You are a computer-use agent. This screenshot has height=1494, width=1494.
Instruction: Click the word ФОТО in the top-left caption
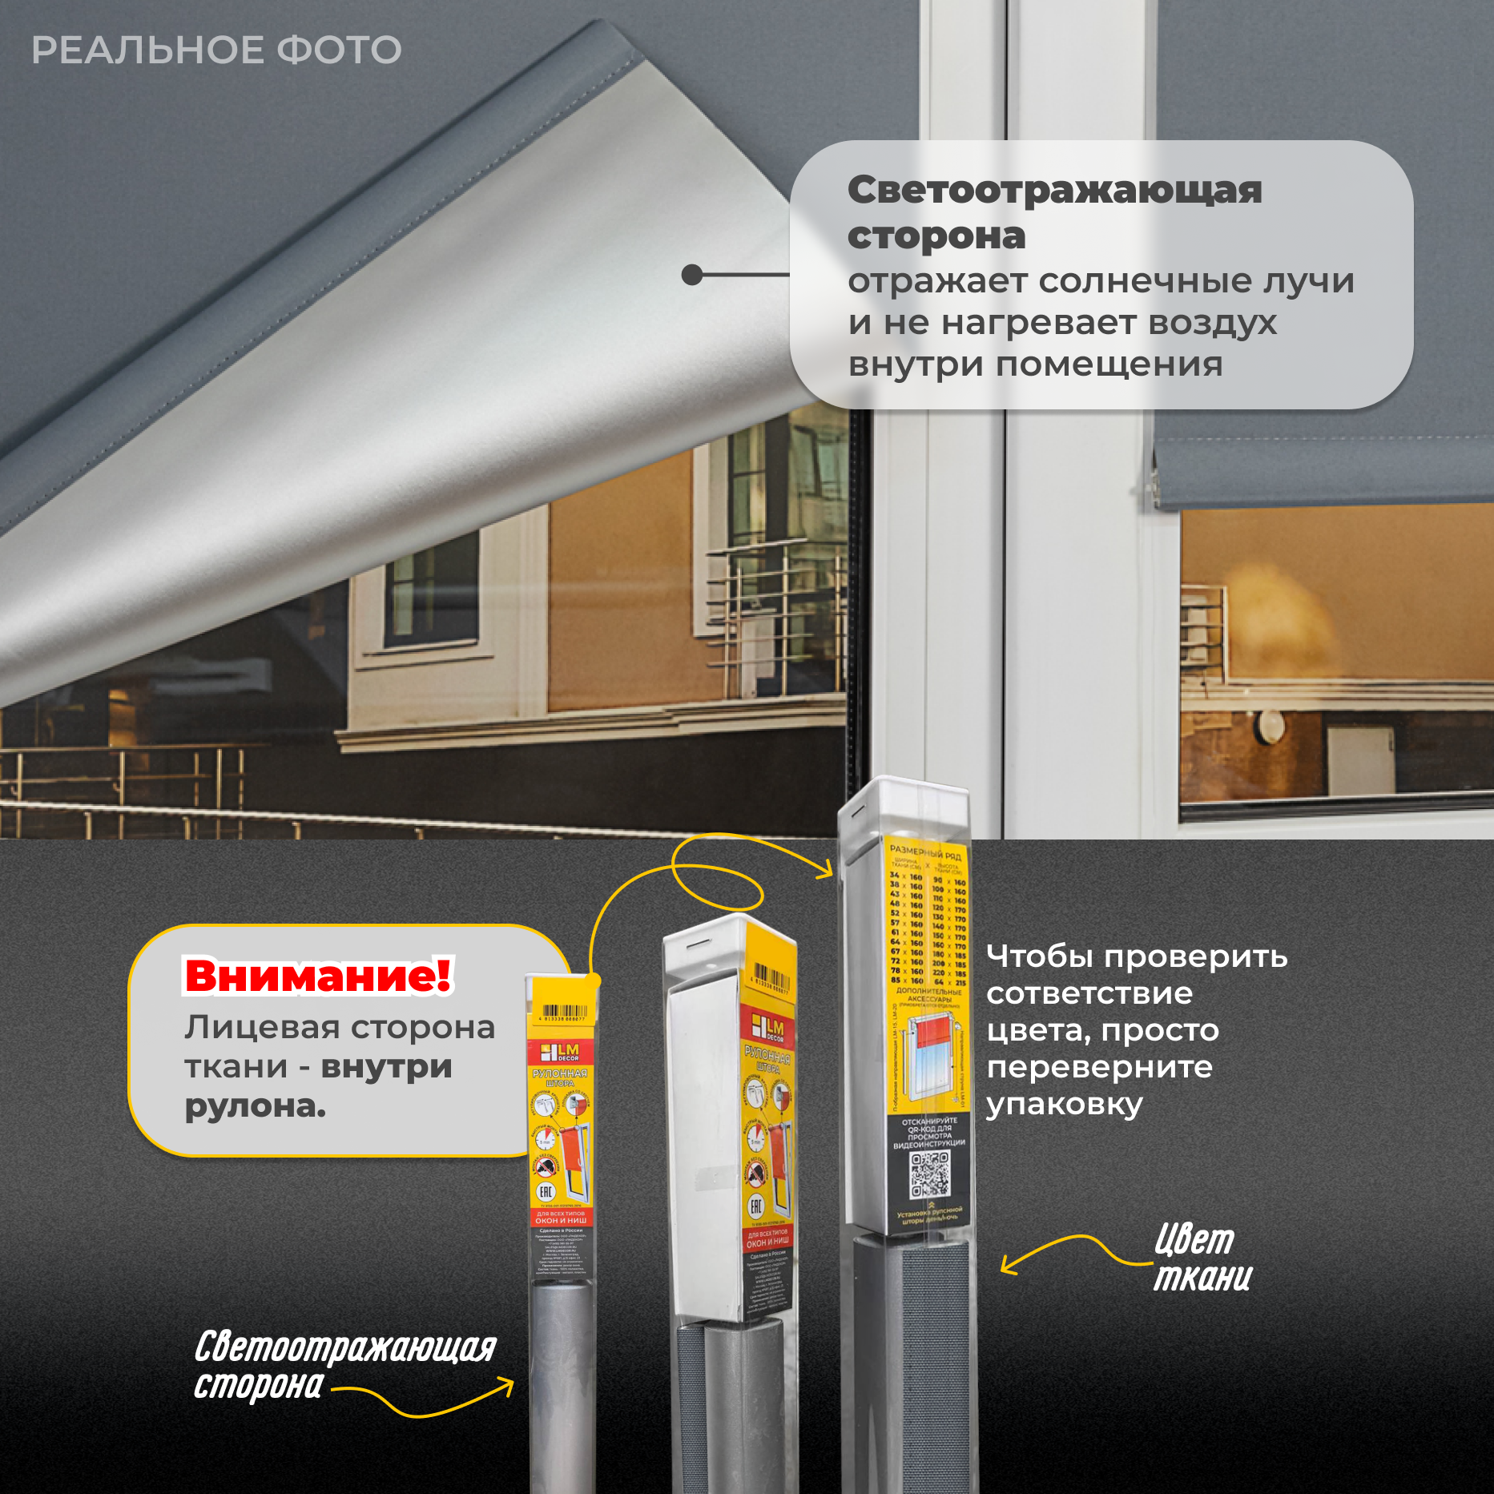[339, 50]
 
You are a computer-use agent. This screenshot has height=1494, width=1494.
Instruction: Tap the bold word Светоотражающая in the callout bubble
[1054, 191]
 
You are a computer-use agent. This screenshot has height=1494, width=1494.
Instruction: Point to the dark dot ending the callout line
[691, 275]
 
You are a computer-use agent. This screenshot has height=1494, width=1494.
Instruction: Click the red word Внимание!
[318, 975]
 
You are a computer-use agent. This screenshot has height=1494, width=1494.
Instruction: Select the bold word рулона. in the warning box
[256, 1106]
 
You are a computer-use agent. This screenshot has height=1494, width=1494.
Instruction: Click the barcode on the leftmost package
[565, 1013]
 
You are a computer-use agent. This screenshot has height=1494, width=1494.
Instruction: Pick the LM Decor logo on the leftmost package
[560, 1052]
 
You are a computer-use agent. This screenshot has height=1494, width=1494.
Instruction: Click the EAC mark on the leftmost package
[546, 1192]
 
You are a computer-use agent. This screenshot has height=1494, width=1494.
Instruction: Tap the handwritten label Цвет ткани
[1201, 1258]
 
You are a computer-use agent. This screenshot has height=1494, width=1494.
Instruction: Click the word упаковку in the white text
[1064, 1105]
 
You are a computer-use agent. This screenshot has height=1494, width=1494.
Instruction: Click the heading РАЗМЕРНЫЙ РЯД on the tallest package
[925, 852]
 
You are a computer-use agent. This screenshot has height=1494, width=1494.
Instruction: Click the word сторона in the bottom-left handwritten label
[258, 1386]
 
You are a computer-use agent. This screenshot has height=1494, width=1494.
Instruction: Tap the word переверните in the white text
[1099, 1067]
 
